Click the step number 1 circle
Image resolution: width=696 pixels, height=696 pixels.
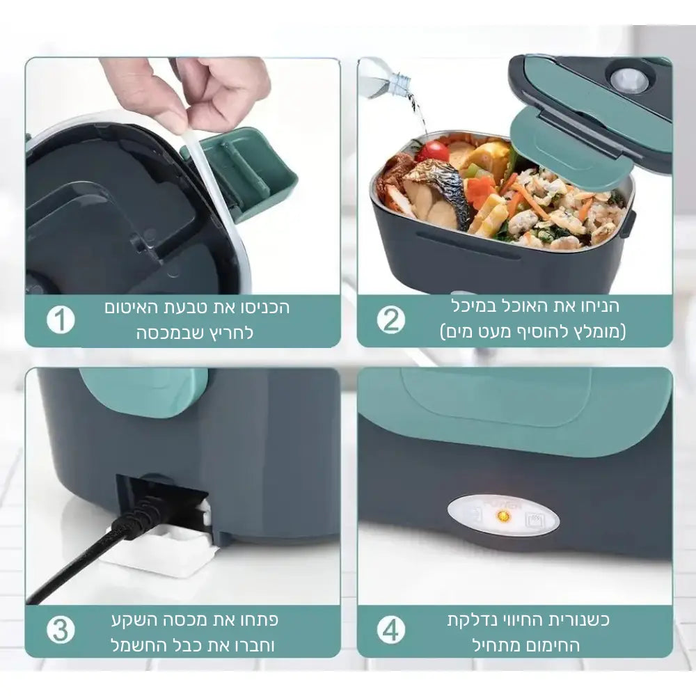61,319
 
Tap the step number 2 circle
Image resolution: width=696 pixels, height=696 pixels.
391,319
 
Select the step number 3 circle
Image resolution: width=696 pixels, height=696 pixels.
61,630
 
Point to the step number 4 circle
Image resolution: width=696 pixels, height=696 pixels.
391,630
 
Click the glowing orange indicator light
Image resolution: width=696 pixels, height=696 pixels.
503,516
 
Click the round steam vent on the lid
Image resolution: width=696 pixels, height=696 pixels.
628,80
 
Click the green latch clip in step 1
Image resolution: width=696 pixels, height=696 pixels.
244,173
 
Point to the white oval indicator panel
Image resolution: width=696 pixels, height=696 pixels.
503,516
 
